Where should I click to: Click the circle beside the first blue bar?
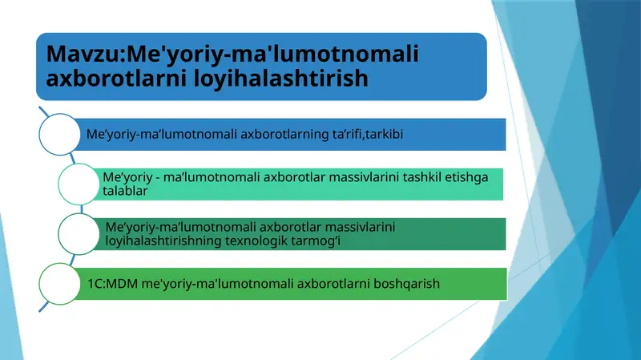[x=61, y=134]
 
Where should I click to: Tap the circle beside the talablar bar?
[x=79, y=184]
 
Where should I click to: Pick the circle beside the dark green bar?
[x=79, y=233]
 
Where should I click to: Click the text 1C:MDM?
[x=112, y=283]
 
